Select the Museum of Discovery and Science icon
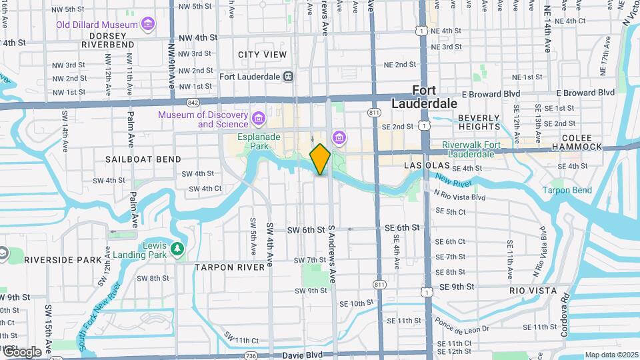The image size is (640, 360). point(259,120)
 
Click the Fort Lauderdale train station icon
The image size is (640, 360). point(288,77)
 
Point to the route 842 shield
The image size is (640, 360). point(193,103)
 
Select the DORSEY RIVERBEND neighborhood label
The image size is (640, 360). point(107,39)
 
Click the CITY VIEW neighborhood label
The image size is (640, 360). point(262,55)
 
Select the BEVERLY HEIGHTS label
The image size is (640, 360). point(478,122)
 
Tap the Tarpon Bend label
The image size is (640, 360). point(567,190)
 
